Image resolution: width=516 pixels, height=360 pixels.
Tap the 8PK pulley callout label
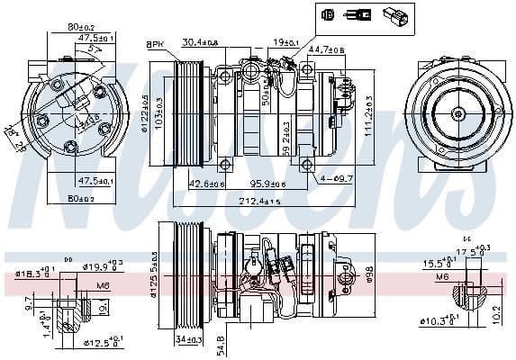point(155,44)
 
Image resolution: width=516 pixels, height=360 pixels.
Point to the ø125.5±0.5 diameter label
point(154,274)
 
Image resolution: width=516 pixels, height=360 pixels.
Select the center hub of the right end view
point(455,112)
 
